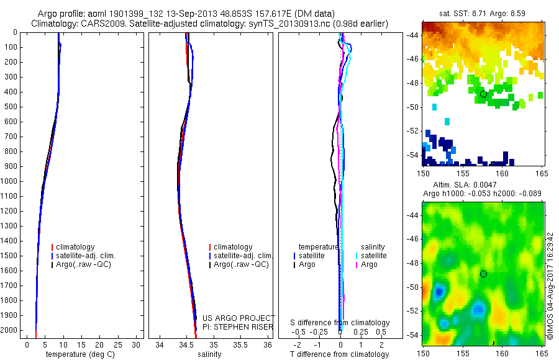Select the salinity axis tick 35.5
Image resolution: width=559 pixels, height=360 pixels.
click(x=240, y=344)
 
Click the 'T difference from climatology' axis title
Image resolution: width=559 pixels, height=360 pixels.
click(x=339, y=354)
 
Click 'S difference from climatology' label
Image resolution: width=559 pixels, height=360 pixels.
click(x=340, y=323)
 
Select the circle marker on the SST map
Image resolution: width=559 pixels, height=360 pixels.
click(x=483, y=94)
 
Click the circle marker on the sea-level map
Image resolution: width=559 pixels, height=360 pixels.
click(x=483, y=274)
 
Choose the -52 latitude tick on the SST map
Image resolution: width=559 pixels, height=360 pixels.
click(x=412, y=131)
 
